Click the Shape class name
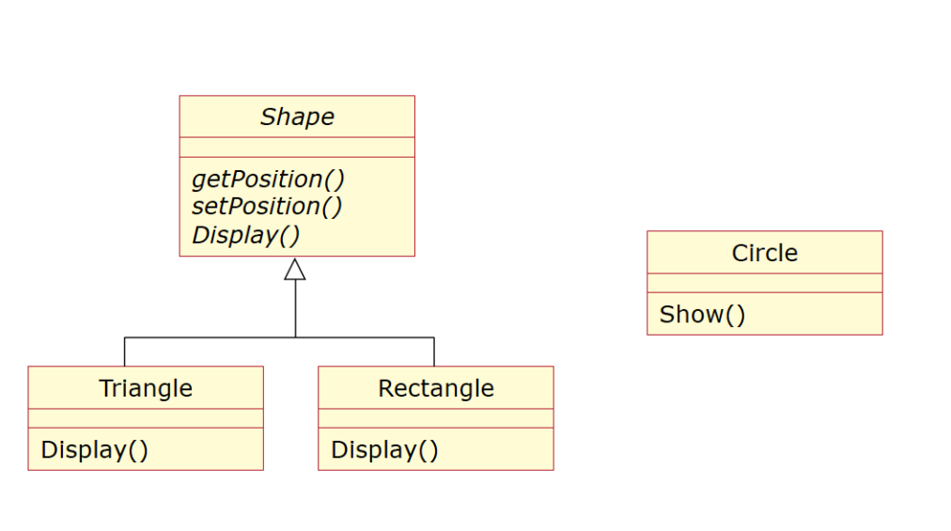297,117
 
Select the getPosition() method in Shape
269,179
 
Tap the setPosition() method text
267,206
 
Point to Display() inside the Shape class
245,234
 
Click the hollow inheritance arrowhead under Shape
295,270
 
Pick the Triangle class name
146,388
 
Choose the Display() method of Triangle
94,450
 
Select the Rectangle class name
436,388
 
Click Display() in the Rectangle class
384,450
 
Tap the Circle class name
764,253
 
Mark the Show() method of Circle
702,314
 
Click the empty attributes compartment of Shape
297,147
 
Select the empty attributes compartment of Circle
764,283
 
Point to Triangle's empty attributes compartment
146,418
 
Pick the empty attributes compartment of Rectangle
436,418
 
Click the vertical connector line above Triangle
125,351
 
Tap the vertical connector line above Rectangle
434,351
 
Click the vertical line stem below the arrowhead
295,308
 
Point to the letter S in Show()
666,314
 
